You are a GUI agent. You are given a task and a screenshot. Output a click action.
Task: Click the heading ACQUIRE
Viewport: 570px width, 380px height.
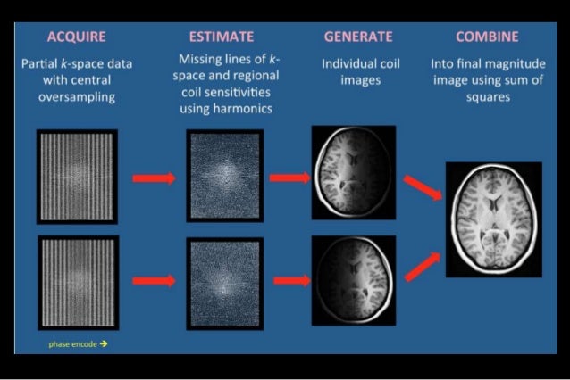(x=76, y=37)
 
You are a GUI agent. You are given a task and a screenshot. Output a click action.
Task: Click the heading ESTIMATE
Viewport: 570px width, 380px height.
(x=222, y=37)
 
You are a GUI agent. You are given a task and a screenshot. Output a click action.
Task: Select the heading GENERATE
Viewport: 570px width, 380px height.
(x=357, y=37)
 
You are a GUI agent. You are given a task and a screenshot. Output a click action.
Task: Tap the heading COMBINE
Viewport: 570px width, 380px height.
(x=489, y=37)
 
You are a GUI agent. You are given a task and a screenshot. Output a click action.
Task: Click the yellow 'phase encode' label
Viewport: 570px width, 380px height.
(x=76, y=343)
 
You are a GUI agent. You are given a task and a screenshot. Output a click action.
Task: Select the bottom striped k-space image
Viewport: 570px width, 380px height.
(x=77, y=279)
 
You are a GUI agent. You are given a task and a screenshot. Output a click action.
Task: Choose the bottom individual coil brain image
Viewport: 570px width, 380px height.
(x=353, y=279)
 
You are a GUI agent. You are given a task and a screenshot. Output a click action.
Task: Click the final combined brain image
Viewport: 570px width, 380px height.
(x=494, y=219)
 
